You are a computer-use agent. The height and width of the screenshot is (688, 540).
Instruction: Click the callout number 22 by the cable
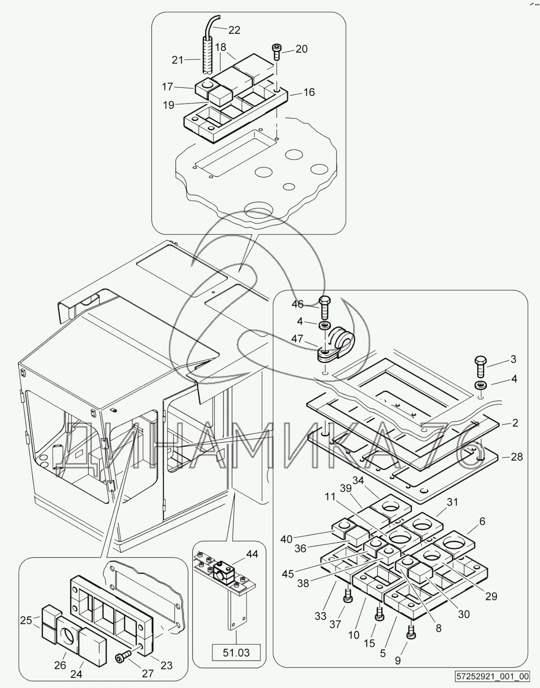coord(234,30)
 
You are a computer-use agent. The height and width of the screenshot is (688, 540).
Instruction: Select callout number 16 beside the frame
coord(309,92)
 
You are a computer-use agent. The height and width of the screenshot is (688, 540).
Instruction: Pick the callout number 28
coord(517,457)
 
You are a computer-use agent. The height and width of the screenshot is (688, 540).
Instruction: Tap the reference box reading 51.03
coord(236,653)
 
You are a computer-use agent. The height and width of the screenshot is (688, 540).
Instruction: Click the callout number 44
coord(252,554)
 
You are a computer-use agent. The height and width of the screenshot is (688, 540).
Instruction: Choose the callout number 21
coord(177,60)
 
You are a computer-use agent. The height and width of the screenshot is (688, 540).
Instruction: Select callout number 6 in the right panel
coord(482,521)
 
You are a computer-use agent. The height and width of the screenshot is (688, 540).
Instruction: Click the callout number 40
coord(286,539)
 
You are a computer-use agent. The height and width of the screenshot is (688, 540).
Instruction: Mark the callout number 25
coord(26,620)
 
